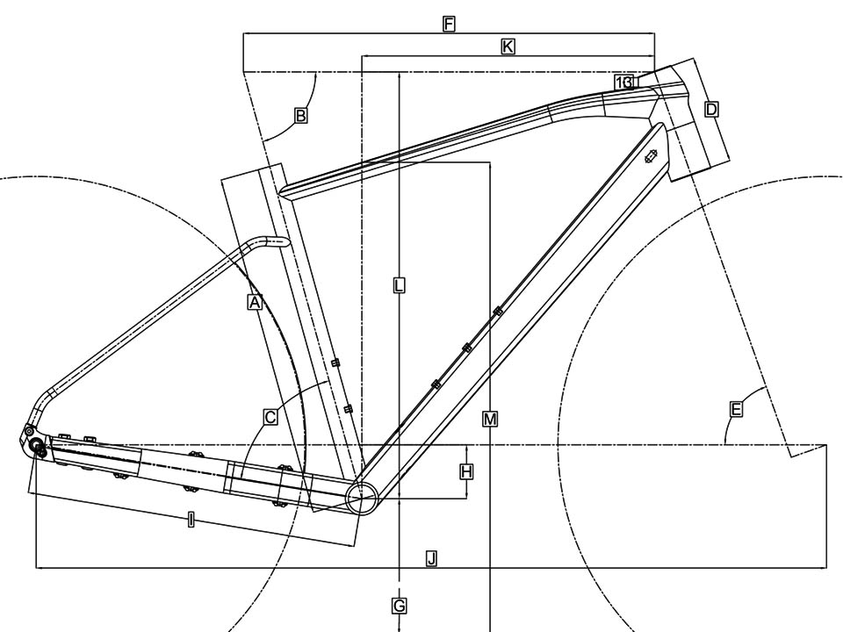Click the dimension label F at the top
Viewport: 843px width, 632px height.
[449, 25]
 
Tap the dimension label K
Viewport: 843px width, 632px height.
[508, 47]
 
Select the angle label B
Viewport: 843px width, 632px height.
[301, 116]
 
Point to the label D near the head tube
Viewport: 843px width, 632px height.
[711, 110]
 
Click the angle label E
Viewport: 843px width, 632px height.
[736, 410]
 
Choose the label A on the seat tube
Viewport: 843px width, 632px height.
[255, 302]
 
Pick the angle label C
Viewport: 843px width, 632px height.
[270, 417]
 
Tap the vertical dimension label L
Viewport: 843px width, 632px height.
[399, 285]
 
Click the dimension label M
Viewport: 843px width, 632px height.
[490, 420]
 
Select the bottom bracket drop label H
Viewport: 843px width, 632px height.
[466, 472]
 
